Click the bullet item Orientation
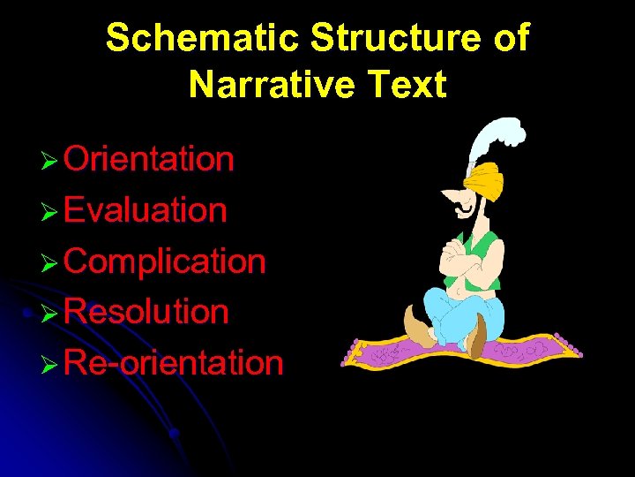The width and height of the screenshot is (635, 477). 148,160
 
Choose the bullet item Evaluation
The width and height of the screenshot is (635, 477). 145,210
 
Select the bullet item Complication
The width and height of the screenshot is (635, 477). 164,261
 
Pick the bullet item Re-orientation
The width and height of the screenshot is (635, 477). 173,363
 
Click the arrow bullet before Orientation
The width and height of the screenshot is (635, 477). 49,162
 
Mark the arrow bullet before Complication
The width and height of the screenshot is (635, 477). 49,263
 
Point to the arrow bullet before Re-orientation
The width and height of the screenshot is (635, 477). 49,365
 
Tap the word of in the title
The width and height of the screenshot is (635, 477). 512,38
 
